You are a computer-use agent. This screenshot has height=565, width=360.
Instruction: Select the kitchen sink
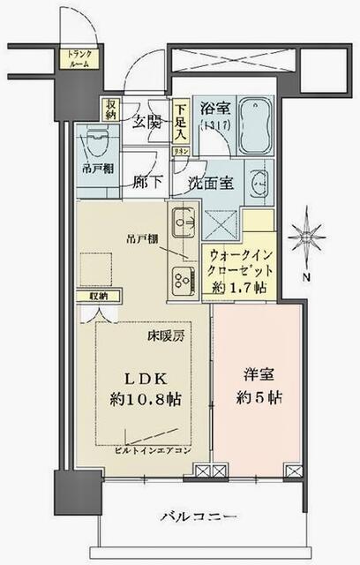pos(184,222)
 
